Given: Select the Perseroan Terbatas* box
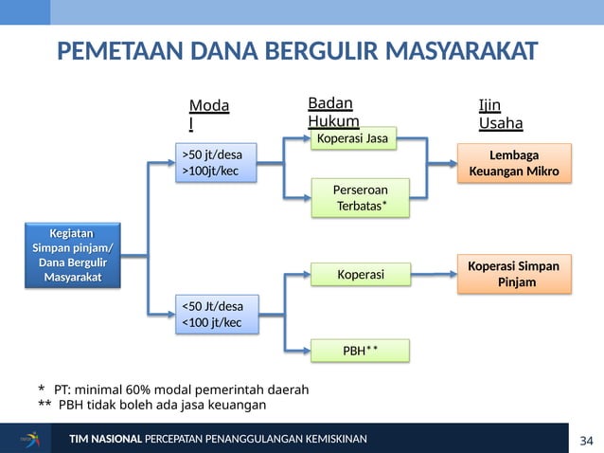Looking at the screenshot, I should coord(360,198).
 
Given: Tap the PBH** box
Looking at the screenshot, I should coord(360,352).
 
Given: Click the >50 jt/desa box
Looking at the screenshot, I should coord(217,163).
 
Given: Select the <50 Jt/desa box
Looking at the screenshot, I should coord(217,315).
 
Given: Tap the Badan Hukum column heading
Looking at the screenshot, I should coord(333,113).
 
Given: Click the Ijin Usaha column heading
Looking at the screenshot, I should coord(501,115).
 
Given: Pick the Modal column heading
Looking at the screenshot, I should coord(209,115).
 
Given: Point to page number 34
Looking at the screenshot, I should coord(586,441).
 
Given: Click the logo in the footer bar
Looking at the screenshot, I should coord(31,439).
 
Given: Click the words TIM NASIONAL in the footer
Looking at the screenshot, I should coord(105,439).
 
